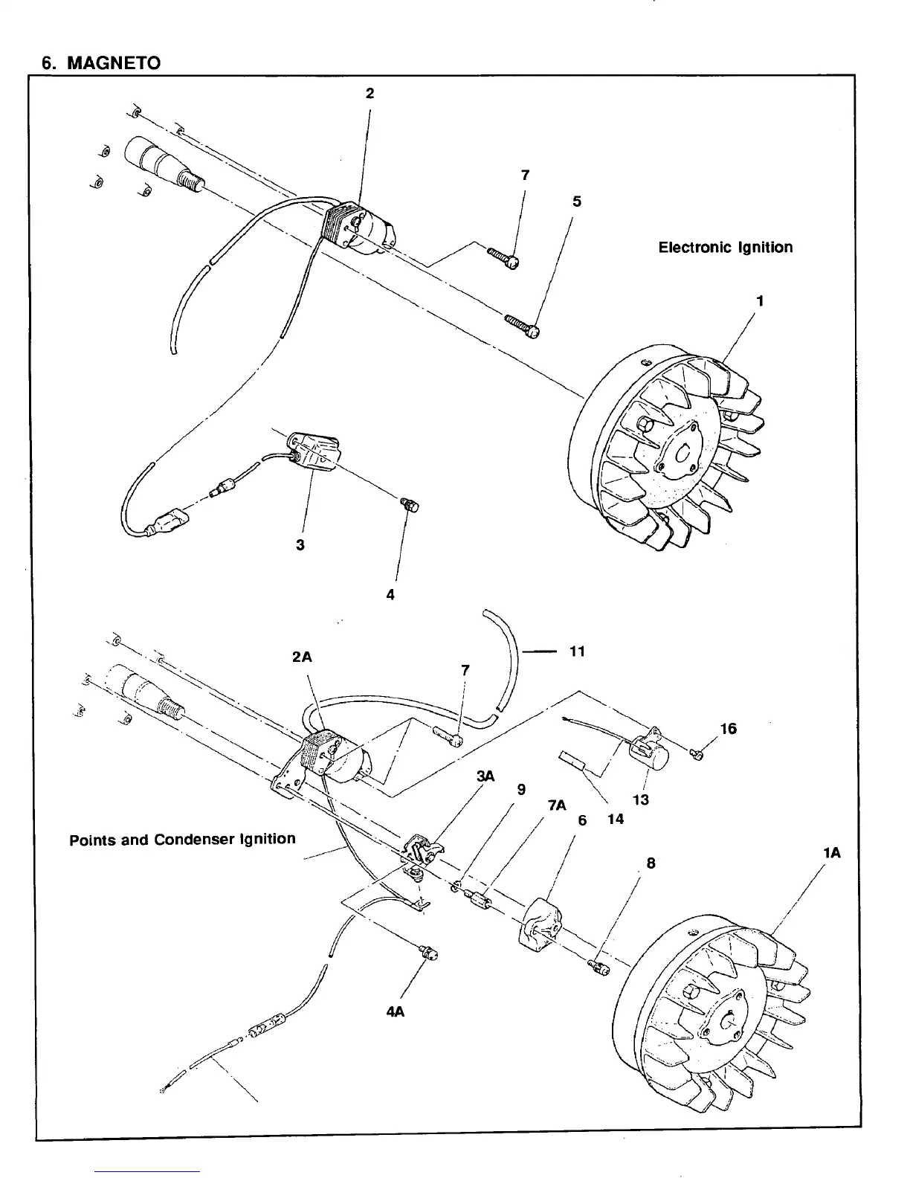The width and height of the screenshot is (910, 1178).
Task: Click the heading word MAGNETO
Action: [x=113, y=62]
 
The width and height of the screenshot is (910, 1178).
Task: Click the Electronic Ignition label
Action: [x=725, y=247]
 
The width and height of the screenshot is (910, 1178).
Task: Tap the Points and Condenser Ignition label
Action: [x=182, y=840]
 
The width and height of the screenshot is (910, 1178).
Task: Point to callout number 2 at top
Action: [x=370, y=93]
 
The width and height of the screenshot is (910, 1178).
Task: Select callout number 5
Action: [x=577, y=202]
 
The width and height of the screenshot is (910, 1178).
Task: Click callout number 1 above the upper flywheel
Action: [x=760, y=301]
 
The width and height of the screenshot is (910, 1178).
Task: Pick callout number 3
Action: [x=300, y=544]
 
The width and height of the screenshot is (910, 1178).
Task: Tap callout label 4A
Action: [x=395, y=1012]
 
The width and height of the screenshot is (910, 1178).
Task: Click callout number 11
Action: [x=577, y=651]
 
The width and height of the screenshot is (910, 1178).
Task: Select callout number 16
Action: [x=728, y=729]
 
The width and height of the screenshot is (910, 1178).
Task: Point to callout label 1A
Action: [x=832, y=853]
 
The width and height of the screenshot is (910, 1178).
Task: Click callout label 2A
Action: [x=302, y=657]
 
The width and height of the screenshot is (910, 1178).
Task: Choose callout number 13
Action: [x=640, y=799]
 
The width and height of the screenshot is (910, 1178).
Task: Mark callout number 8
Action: [x=651, y=863]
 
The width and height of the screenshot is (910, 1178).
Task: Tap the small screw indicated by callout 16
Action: [x=697, y=756]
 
